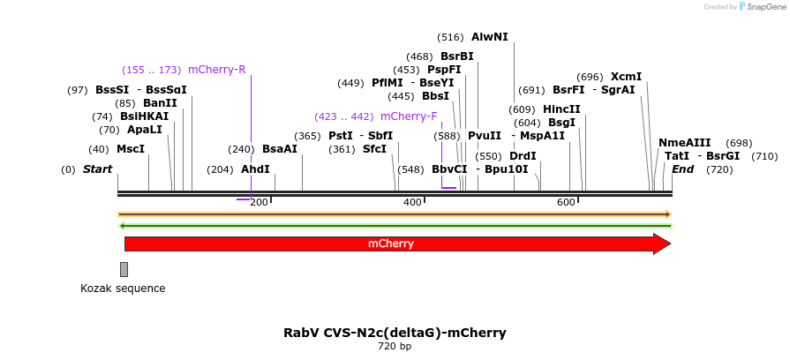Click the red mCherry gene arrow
point(391,244)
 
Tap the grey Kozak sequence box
point(124,269)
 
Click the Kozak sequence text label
point(123,289)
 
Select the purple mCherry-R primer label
point(217,70)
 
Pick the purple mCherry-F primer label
point(409,116)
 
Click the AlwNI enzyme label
point(490,37)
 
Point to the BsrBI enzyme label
point(457,56)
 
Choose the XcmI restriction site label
point(627,77)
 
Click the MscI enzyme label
point(131,149)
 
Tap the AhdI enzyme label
point(255,169)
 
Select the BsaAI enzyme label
point(280,149)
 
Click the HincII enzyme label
point(561,109)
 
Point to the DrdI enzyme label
point(523,156)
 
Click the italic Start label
point(98,169)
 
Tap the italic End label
point(683,169)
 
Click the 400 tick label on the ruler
point(412,203)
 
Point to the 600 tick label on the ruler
point(566,203)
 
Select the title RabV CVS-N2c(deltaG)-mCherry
point(395,333)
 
